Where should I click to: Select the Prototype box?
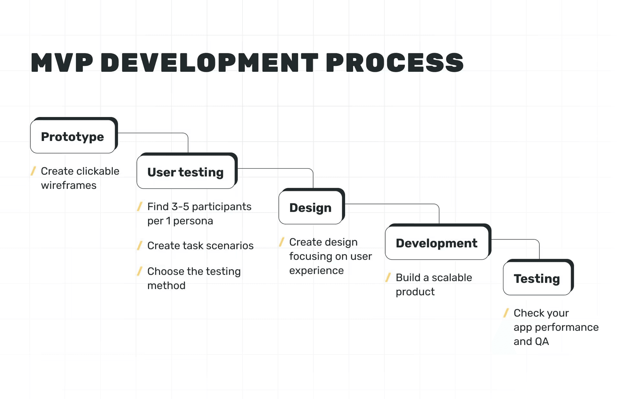[x=73, y=136]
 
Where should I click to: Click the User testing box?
[x=186, y=172]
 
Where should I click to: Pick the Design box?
[x=310, y=208]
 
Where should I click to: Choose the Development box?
[x=437, y=243]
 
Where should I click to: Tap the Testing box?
[x=537, y=279]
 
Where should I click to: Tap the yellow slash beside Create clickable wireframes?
[x=33, y=171]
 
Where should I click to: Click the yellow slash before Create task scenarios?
[x=140, y=245]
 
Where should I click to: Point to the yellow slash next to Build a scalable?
[x=388, y=277]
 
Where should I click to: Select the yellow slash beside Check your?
[x=506, y=313]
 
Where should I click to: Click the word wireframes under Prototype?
[x=69, y=185]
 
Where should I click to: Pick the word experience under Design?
[x=316, y=270]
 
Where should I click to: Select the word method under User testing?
[x=166, y=286]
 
